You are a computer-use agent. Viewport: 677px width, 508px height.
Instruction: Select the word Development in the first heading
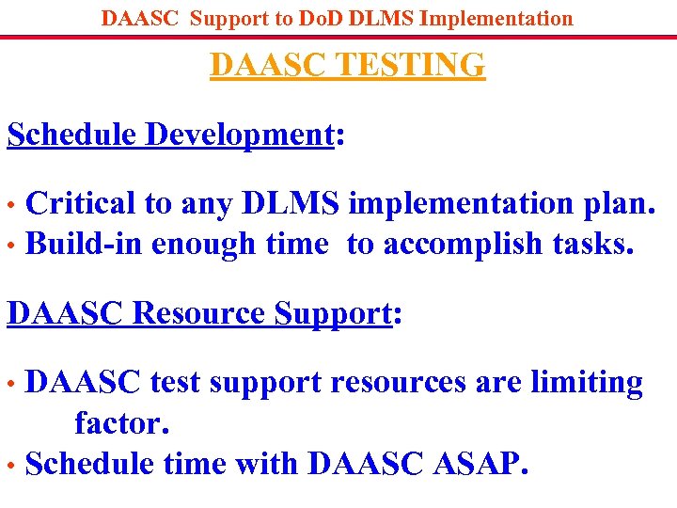[x=240, y=135]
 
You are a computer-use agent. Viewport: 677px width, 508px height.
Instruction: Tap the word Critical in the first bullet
[x=80, y=202]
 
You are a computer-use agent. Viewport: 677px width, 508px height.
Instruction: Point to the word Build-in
[x=85, y=244]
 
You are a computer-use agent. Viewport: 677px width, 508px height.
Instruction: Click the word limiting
[x=589, y=383]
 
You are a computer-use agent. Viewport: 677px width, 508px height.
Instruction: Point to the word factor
[x=122, y=423]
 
